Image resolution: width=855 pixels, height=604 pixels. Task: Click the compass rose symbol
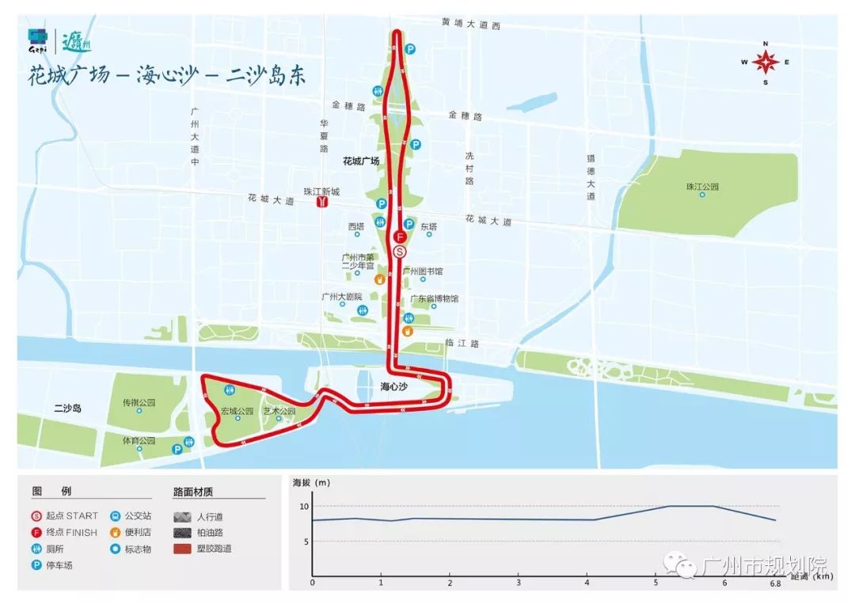(x=766, y=63)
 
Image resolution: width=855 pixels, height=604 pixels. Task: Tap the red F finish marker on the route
(x=400, y=237)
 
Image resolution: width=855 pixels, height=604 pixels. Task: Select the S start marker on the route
(x=400, y=252)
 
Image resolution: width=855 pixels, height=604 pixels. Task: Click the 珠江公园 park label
(x=702, y=187)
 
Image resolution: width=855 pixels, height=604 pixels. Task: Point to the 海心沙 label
(x=393, y=387)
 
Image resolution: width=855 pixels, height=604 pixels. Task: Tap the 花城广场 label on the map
(x=361, y=161)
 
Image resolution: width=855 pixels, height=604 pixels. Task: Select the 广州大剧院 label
(x=342, y=296)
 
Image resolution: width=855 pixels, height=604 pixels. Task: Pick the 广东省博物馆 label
(x=434, y=298)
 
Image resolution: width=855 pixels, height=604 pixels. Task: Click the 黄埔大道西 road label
(x=471, y=25)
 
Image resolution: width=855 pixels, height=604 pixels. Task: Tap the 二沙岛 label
(x=68, y=408)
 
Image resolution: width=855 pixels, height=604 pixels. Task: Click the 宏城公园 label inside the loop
(x=237, y=411)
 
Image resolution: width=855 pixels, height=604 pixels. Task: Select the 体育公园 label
(x=139, y=440)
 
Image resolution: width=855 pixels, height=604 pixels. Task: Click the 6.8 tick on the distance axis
(x=775, y=583)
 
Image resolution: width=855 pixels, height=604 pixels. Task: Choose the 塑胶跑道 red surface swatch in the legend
(x=184, y=549)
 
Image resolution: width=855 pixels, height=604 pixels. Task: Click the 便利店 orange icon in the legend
(x=116, y=532)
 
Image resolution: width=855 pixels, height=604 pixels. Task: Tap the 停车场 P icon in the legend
(x=36, y=565)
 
